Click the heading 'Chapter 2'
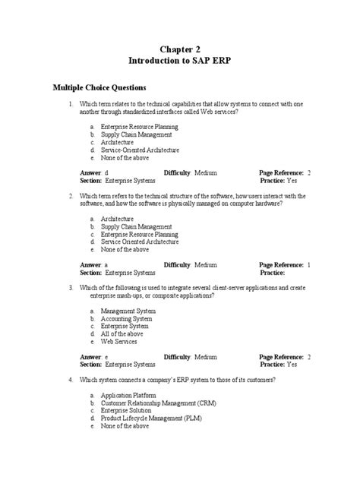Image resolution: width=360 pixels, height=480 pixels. click(x=179, y=49)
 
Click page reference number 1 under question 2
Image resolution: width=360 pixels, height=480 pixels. click(x=309, y=264)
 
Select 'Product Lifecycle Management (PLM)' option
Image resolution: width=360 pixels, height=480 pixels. click(x=154, y=418)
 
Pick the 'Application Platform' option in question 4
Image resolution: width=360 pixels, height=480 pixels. click(x=128, y=396)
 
